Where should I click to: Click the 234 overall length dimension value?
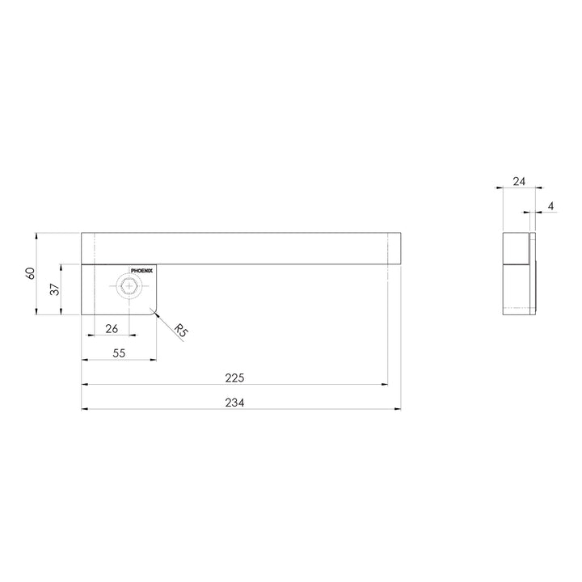[234, 403]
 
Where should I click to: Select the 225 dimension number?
[234, 377]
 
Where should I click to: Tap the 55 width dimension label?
[118, 353]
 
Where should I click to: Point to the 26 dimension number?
[112, 328]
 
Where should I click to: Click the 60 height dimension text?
[32, 273]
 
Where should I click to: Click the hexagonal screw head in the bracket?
[129, 286]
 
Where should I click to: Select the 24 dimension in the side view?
[518, 182]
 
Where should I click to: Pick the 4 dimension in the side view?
[550, 207]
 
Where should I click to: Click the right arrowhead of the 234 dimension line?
[399, 409]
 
